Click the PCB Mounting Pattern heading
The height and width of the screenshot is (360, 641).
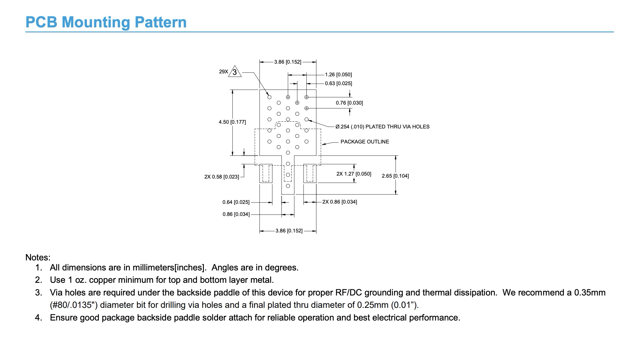[106, 22]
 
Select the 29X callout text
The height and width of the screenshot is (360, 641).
[224, 72]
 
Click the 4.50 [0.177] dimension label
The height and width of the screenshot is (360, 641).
[232, 122]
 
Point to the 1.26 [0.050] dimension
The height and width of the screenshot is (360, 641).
[338, 75]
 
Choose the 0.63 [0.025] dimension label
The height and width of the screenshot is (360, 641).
[338, 83]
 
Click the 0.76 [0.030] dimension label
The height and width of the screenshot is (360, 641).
[349, 103]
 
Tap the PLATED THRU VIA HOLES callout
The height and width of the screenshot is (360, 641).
[382, 127]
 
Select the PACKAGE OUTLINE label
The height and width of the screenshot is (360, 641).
[365, 142]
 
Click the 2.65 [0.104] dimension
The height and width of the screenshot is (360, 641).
[395, 176]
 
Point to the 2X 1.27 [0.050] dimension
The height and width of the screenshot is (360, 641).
[354, 174]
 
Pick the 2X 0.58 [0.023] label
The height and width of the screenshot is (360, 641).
[222, 177]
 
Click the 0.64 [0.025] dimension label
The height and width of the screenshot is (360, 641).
[236, 202]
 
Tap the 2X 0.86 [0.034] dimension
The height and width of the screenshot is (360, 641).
[340, 202]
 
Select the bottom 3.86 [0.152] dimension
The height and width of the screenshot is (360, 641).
[289, 231]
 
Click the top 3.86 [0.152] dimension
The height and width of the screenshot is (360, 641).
[288, 62]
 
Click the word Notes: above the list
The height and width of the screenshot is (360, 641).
[38, 257]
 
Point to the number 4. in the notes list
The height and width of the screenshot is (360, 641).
[39, 318]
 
